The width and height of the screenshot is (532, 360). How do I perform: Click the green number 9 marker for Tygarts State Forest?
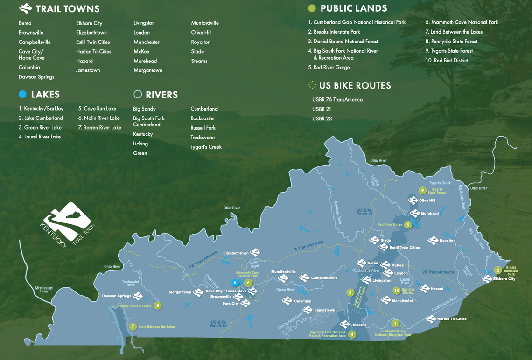click(x=422, y=190)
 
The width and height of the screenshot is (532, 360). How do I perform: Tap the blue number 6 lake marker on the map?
click(x=235, y=283)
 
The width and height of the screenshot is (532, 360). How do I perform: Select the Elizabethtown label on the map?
click(x=236, y=253)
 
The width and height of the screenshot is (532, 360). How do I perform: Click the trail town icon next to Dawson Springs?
click(x=138, y=296)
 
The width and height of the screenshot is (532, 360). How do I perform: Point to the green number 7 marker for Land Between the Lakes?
click(x=133, y=327)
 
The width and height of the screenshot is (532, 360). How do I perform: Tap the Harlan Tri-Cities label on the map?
click(x=452, y=319)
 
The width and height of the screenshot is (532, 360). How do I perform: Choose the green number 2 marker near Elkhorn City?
click(x=498, y=270)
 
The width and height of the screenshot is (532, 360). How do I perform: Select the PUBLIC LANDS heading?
click(x=353, y=8)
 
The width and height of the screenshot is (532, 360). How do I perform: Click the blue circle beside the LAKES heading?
click(x=22, y=95)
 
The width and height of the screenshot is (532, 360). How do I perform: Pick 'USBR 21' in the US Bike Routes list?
click(x=322, y=109)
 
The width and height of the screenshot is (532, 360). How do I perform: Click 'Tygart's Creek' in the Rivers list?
click(x=206, y=147)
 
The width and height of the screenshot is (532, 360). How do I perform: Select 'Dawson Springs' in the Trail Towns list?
click(x=36, y=77)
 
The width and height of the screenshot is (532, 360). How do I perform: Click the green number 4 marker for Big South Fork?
click(x=352, y=334)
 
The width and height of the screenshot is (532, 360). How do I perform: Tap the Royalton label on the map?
click(x=447, y=241)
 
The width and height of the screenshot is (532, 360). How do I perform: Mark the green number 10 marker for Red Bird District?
click(x=396, y=291)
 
